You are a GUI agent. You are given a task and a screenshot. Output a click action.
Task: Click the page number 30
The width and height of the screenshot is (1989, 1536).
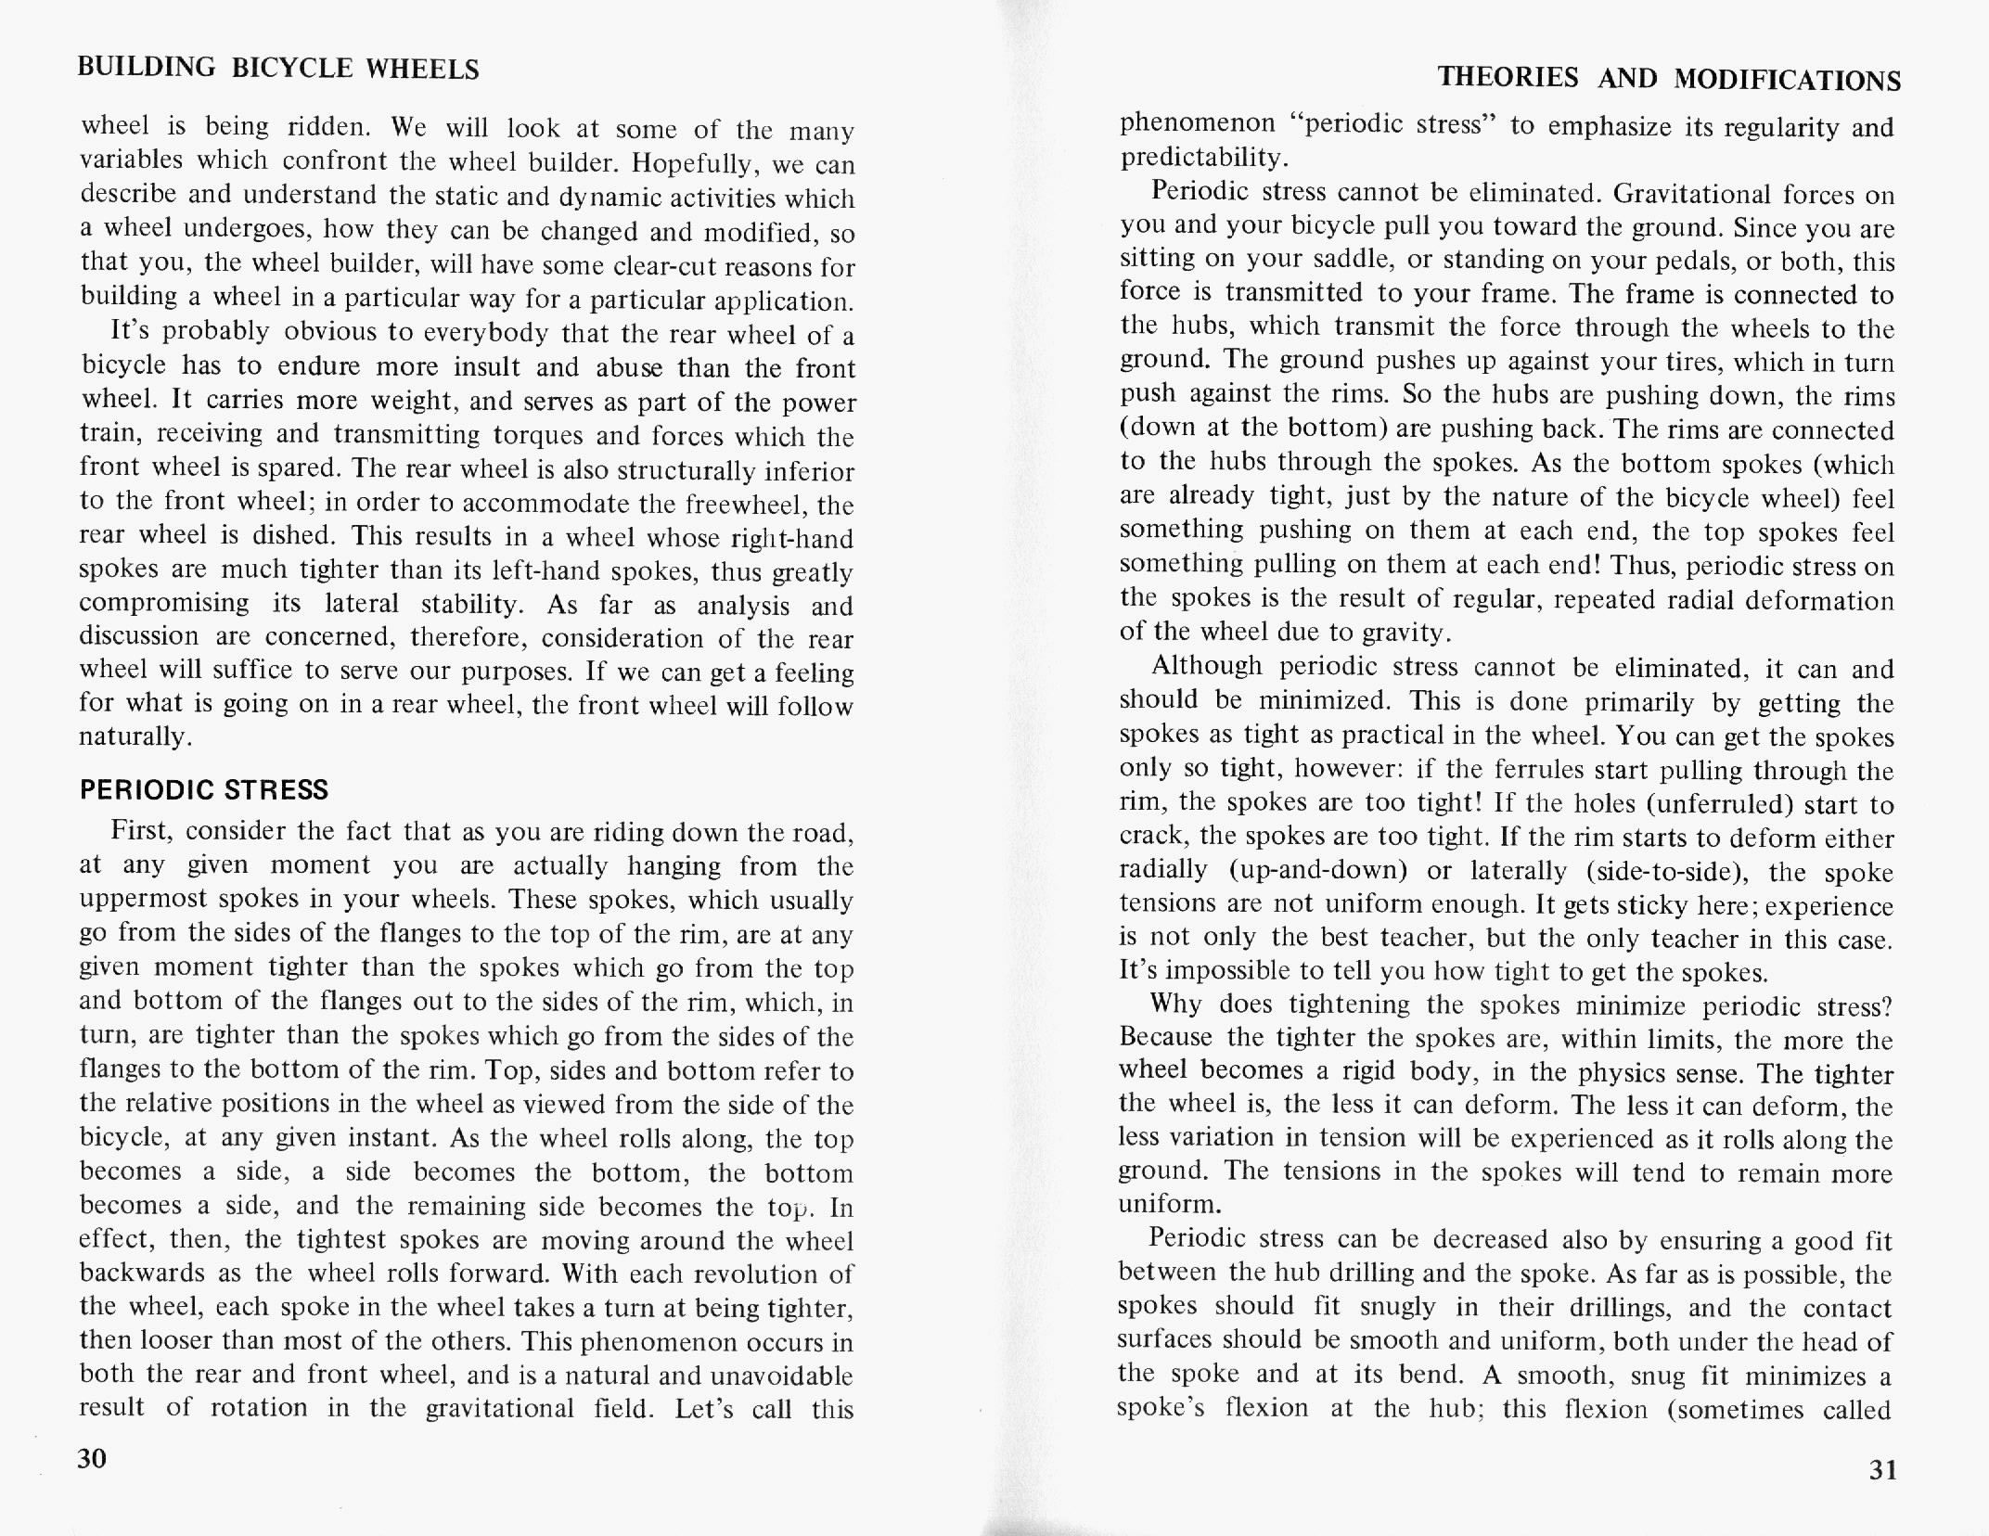(93, 1458)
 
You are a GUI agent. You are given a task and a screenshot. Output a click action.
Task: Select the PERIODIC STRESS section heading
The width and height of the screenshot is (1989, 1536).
(204, 789)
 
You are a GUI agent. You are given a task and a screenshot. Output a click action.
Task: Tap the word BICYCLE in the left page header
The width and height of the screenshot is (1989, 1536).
(291, 69)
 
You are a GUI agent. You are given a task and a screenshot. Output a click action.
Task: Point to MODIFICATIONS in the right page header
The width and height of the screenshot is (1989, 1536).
(1788, 81)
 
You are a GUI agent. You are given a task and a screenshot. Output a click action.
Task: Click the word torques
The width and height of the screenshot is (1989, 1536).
(539, 435)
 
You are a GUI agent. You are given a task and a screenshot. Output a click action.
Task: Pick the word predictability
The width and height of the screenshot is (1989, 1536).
(1203, 158)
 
